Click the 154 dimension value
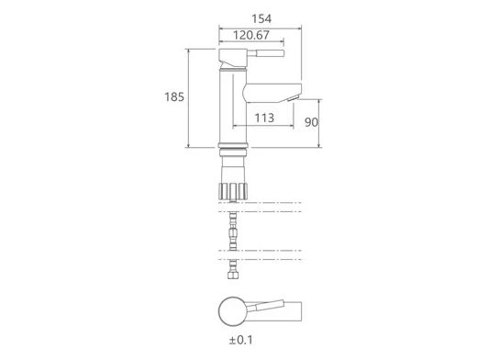click(261, 19)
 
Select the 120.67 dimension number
click(251, 35)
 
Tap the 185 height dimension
click(174, 97)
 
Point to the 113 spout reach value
click(264, 118)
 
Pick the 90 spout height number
click(311, 122)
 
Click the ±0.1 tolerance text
click(241, 340)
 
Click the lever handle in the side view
click(266, 53)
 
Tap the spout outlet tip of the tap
click(294, 99)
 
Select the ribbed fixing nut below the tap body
click(233, 191)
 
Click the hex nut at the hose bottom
click(233, 276)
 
